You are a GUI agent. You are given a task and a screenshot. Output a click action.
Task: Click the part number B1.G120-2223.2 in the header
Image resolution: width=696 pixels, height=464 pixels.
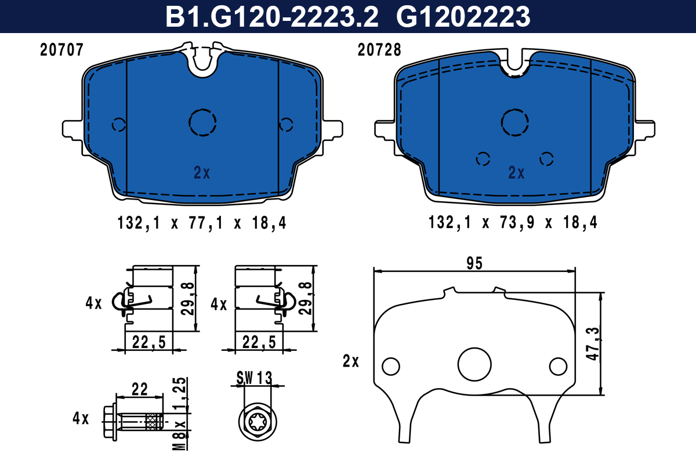[272, 17]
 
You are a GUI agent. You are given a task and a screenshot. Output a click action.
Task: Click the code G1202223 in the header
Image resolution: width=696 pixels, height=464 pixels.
[463, 17]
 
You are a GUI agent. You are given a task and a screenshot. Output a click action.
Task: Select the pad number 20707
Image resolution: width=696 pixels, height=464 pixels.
[62, 50]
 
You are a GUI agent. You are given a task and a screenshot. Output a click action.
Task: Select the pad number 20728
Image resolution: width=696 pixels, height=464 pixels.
[379, 50]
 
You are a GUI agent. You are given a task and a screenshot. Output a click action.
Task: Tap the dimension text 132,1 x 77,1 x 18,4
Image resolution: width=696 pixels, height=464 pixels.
[202, 223]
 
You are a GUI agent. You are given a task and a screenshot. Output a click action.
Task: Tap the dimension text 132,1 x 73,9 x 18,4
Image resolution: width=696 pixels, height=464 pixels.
[513, 223]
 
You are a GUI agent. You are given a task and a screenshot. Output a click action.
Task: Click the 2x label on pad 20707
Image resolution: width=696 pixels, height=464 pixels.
[202, 172]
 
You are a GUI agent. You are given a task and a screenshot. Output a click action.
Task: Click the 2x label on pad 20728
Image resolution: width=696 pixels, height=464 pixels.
[516, 172]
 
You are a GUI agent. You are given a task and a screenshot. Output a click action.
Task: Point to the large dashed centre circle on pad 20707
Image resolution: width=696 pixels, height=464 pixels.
[202, 110]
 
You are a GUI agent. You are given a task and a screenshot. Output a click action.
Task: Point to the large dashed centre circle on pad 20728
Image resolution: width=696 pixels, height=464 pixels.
[515, 110]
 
